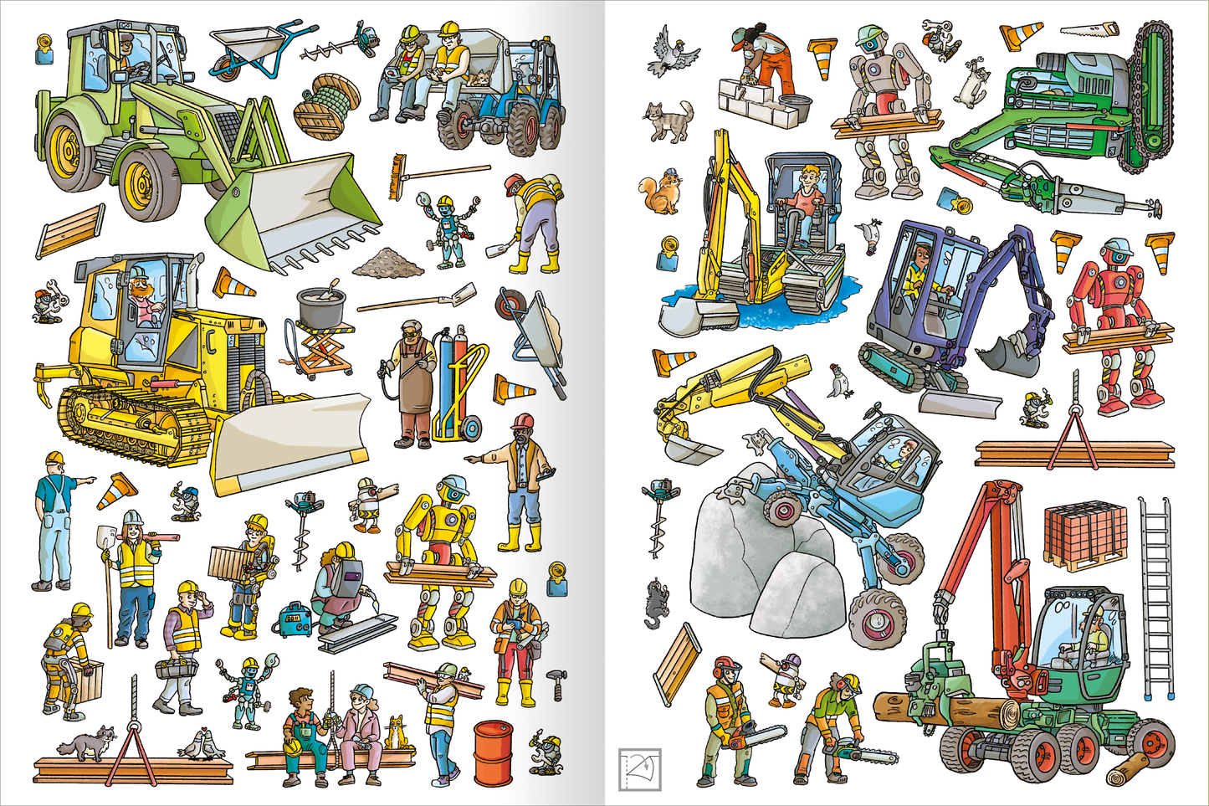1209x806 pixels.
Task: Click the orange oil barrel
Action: point(493,754)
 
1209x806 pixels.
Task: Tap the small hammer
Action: point(556,683)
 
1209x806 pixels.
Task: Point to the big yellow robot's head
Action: point(454,490)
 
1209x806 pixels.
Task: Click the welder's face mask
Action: point(346,578)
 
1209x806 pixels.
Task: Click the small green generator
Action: point(295,619)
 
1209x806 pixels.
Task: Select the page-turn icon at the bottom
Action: point(639,769)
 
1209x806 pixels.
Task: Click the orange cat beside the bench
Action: point(396,732)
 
